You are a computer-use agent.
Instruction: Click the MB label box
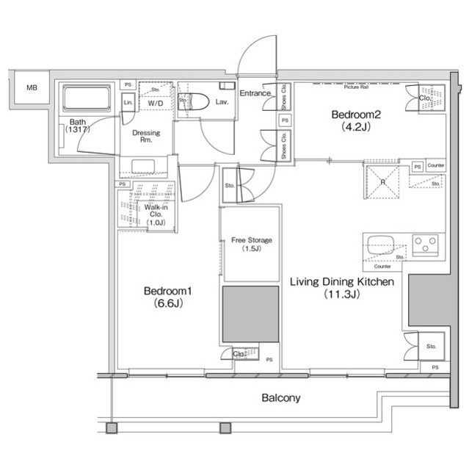point(31,88)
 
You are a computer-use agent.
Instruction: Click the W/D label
point(156,104)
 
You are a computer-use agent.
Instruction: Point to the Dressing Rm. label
point(146,137)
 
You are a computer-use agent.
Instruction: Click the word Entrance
point(255,94)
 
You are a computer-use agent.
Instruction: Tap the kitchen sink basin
point(382,245)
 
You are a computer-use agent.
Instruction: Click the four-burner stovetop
point(425,243)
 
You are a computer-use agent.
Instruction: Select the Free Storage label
point(251,240)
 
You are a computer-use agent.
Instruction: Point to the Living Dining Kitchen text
point(342,282)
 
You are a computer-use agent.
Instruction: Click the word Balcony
point(281,398)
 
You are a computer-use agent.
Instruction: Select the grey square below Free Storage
point(250,314)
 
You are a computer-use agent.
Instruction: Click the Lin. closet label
point(128,103)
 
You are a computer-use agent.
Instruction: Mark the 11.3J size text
point(341,295)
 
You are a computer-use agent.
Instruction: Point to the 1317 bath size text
point(77,130)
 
